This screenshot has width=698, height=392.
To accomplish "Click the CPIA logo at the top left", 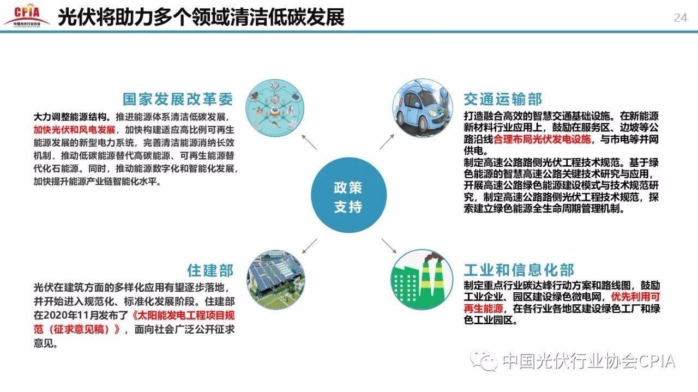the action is pos(27,15).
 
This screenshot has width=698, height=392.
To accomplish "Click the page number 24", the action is pos(680,18).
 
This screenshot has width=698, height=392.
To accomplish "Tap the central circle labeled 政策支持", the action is pos(348,195).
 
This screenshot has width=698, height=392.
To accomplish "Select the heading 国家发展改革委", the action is pos(178,99).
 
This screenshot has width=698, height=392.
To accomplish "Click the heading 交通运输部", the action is pos(503,99).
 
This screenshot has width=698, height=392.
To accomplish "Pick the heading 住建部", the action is pos(210,270).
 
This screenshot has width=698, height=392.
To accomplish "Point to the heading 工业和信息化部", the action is pos(519,270).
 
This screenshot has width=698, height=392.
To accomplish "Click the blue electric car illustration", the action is pos(423,108).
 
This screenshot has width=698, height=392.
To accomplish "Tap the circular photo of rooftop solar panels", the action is pos(276,280).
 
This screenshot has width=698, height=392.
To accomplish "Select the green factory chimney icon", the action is pos(422,280).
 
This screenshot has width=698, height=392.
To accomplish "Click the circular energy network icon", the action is pos(275,108).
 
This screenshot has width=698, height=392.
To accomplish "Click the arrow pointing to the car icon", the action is pos(387,142).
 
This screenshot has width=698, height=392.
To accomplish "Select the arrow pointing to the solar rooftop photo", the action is pos(309,246).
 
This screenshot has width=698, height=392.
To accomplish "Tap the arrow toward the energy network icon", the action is pos(309,142).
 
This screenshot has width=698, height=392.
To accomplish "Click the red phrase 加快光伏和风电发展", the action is pos(75,130).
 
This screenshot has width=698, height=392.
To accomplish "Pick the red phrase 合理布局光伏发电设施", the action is pos(542,139).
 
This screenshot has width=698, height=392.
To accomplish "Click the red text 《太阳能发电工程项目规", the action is pos(183,315).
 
